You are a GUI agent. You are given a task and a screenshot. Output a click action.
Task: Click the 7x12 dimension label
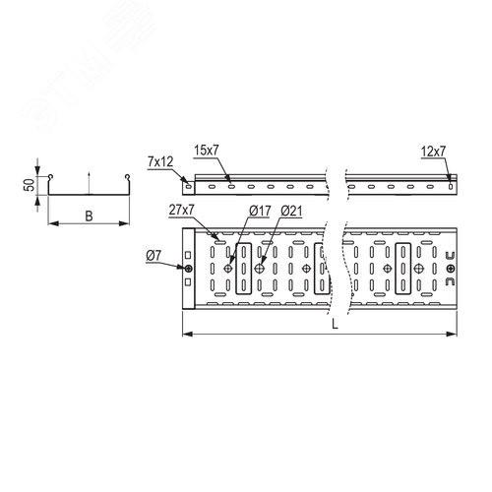[160, 162]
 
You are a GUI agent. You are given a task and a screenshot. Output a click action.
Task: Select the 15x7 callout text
[206, 151]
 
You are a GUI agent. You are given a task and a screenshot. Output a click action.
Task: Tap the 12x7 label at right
[433, 152]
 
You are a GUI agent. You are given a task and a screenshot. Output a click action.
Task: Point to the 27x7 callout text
[182, 210]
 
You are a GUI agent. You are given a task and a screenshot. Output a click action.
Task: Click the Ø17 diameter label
[260, 211]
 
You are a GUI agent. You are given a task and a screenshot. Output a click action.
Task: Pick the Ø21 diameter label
[291, 211]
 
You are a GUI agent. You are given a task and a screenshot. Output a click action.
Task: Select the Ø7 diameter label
[154, 256]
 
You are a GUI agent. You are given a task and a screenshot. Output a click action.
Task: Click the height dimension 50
[30, 185]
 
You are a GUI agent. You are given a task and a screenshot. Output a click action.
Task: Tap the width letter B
[89, 216]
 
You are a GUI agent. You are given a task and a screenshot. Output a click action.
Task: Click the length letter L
[335, 325]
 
